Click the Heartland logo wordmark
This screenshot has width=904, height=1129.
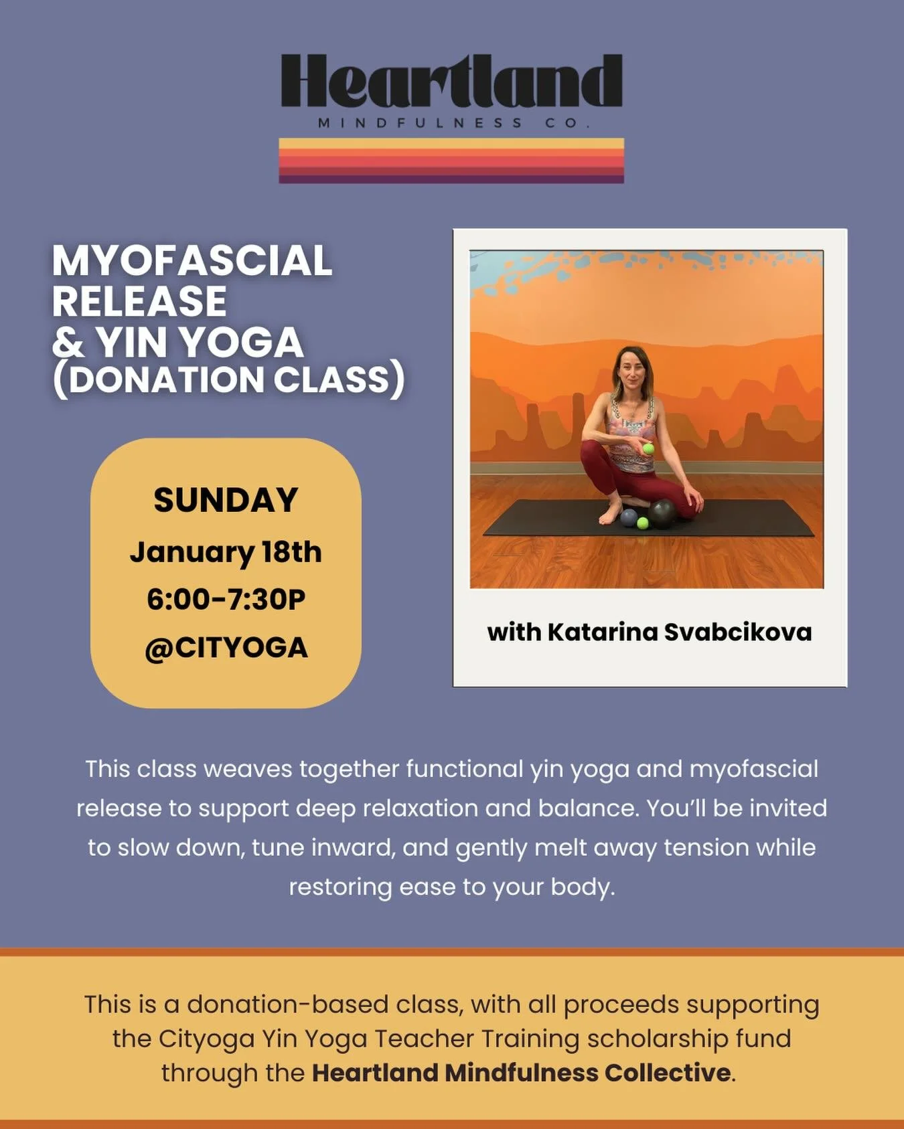(x=451, y=82)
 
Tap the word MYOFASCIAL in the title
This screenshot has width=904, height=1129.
(x=192, y=260)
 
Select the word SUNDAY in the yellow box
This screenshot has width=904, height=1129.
(x=226, y=500)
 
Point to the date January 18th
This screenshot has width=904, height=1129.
(x=226, y=552)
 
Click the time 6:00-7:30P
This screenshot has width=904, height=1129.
(x=226, y=599)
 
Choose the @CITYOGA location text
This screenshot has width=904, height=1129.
(x=226, y=647)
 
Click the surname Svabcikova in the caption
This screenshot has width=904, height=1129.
(x=737, y=632)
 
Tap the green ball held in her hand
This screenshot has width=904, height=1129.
(x=648, y=449)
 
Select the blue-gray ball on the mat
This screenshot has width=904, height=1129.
(x=629, y=517)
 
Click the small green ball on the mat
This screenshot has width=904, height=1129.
(x=643, y=523)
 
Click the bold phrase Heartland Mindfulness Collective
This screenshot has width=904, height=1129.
(x=521, y=1073)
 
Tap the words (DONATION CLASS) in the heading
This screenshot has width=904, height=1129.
(x=228, y=380)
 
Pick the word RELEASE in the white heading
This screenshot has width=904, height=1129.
(x=139, y=301)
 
